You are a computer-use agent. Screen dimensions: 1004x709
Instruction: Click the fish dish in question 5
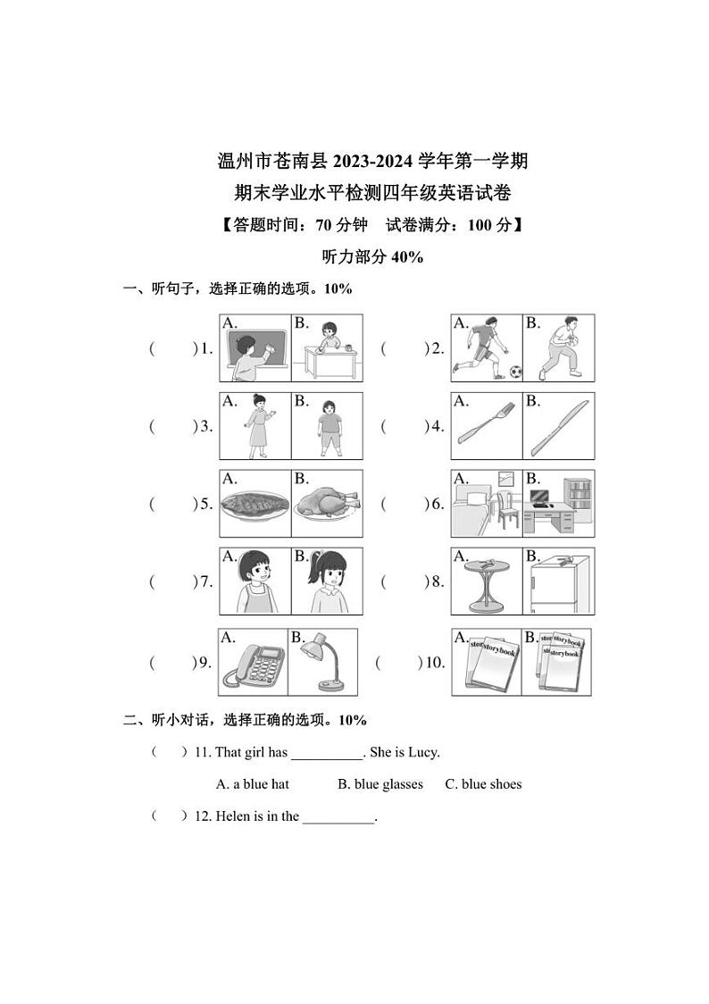click(254, 505)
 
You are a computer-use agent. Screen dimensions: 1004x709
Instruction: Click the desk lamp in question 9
click(321, 666)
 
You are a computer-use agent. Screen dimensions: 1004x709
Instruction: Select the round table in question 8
click(486, 584)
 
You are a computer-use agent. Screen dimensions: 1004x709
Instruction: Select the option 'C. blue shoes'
click(483, 784)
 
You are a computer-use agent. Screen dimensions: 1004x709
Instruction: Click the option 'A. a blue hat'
click(253, 784)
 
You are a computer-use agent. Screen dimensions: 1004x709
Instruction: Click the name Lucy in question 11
click(423, 752)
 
